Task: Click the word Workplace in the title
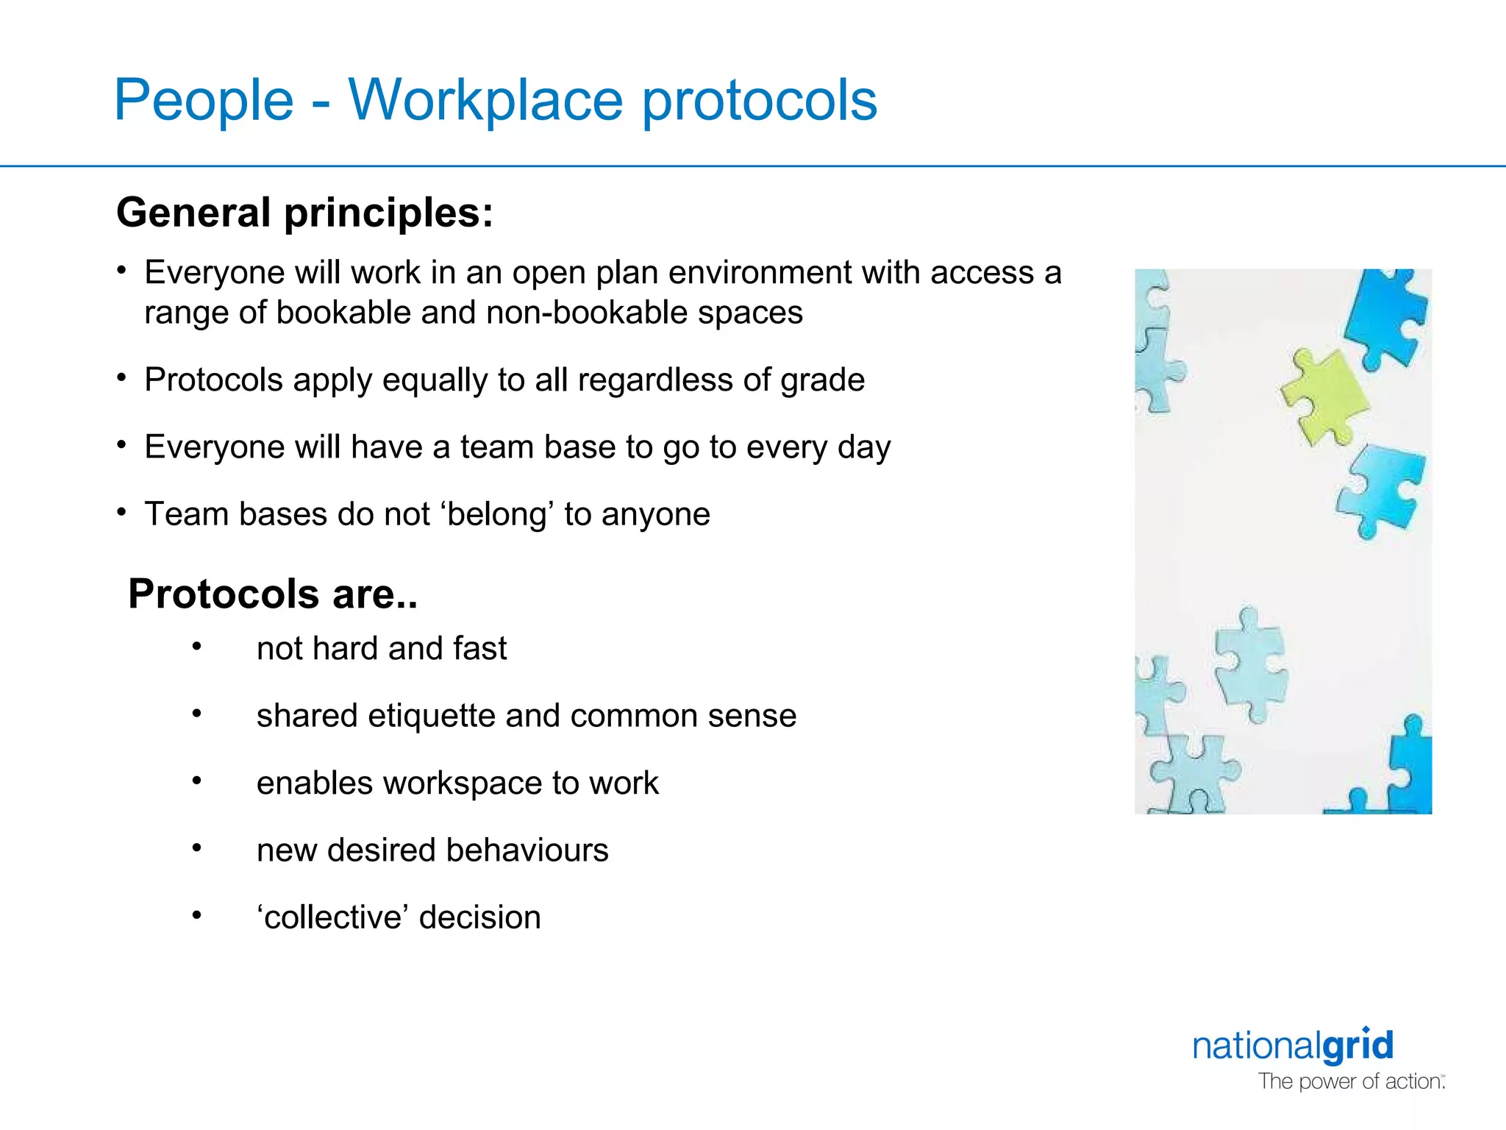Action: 485,101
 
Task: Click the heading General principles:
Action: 304,213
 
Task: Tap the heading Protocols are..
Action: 272,594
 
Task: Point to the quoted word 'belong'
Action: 498,514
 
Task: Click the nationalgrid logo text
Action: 1293,1045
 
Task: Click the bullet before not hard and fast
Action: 196,647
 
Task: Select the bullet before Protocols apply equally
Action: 122,378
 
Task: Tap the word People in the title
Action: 204,101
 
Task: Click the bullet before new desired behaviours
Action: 196,848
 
